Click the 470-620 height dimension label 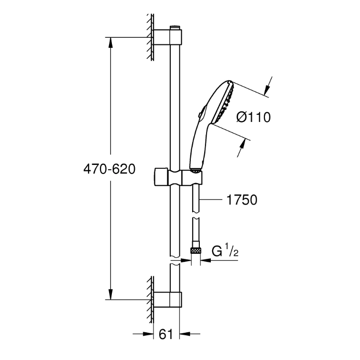click(x=109, y=169)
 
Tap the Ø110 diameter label click(x=253, y=117)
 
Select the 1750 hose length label click(x=242, y=200)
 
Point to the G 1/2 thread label click(x=225, y=251)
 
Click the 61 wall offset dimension click(x=166, y=334)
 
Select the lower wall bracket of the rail click(x=168, y=300)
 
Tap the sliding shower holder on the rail click(x=178, y=177)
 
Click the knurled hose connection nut click(x=196, y=250)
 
